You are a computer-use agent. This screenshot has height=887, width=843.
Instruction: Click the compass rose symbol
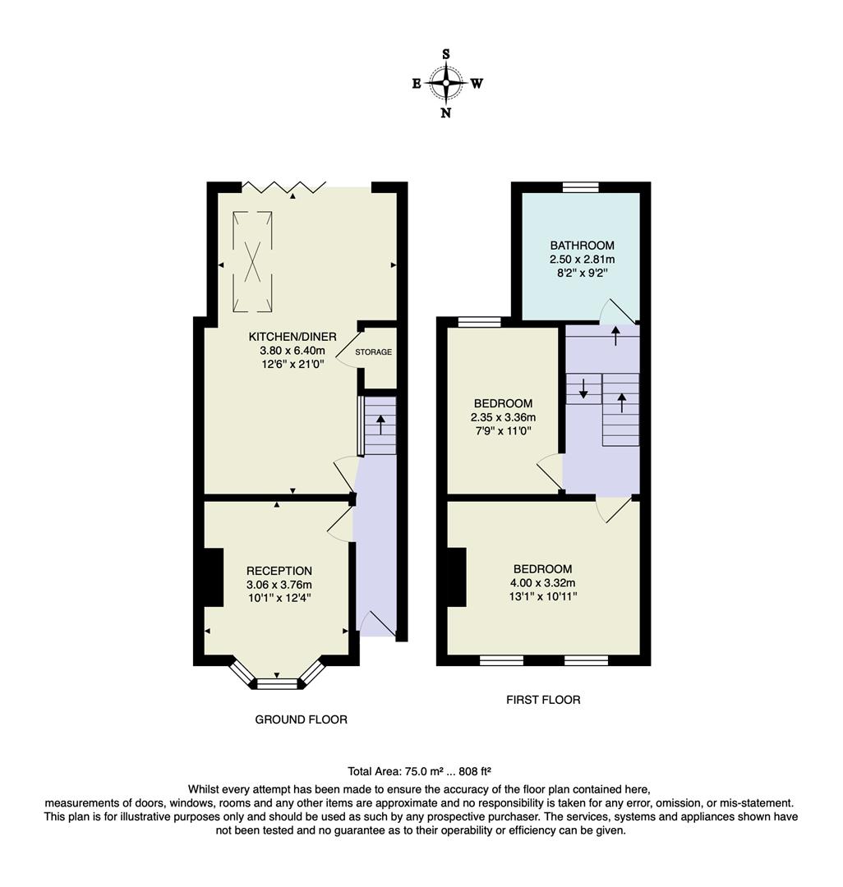[446, 83]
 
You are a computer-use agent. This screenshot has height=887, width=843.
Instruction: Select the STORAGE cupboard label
[373, 352]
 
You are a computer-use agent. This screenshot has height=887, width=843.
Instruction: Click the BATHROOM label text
[582, 246]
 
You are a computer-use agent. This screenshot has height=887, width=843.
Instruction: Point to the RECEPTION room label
[279, 571]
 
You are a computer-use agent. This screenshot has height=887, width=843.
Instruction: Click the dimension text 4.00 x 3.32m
[542, 582]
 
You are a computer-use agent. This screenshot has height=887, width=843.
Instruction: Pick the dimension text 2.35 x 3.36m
[502, 417]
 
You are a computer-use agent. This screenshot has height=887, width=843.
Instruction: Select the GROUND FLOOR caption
[301, 719]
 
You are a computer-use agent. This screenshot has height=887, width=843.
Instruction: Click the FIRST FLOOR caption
[542, 700]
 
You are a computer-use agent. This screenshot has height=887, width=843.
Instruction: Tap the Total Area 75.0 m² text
[419, 771]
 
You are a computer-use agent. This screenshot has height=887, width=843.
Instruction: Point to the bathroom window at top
[581, 187]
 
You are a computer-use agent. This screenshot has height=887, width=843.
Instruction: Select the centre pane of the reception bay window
[277, 683]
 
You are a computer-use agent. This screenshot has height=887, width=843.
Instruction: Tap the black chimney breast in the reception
[213, 577]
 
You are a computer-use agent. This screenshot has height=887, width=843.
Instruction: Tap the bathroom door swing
[617, 311]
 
